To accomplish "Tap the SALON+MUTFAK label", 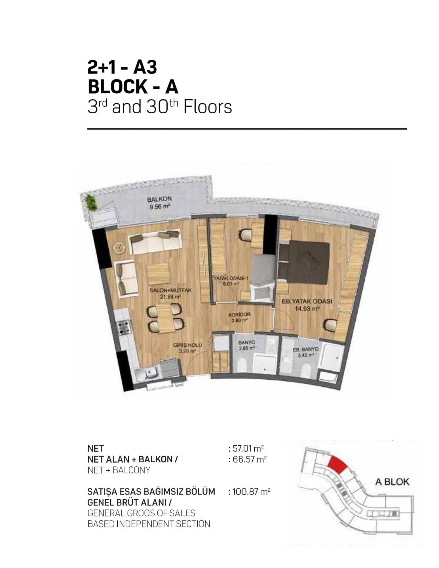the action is click(x=171, y=291).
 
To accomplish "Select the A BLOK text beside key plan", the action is click(x=392, y=482).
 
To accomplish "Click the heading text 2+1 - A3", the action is click(x=122, y=68).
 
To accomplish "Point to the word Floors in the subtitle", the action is click(x=208, y=107).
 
